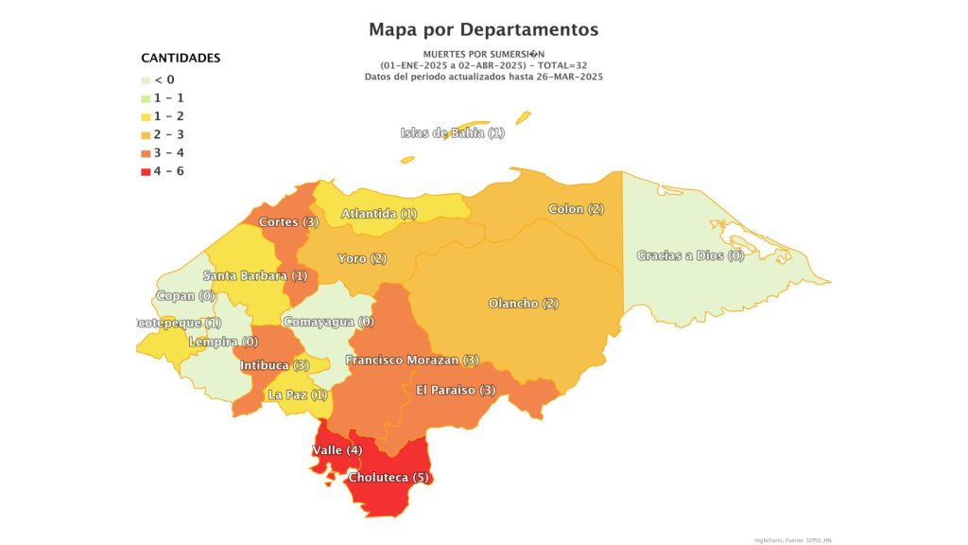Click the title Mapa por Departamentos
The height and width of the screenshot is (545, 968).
(x=483, y=29)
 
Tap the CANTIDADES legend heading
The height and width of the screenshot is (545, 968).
(x=181, y=58)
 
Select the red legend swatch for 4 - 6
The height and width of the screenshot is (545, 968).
(x=145, y=171)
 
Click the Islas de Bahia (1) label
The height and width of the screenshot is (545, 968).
(x=453, y=133)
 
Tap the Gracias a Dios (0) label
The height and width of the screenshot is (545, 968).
(x=690, y=255)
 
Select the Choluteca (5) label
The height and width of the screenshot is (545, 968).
(x=389, y=478)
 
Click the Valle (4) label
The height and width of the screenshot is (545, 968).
(x=337, y=450)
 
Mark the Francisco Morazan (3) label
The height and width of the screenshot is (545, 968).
(x=412, y=360)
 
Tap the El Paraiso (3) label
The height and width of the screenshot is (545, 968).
(x=456, y=390)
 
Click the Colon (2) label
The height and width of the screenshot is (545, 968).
(x=577, y=209)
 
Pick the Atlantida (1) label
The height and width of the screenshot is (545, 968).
(x=379, y=214)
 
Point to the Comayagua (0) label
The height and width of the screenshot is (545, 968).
(x=330, y=322)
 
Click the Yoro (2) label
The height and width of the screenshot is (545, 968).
(x=363, y=258)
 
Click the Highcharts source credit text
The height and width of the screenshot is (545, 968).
(x=792, y=539)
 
